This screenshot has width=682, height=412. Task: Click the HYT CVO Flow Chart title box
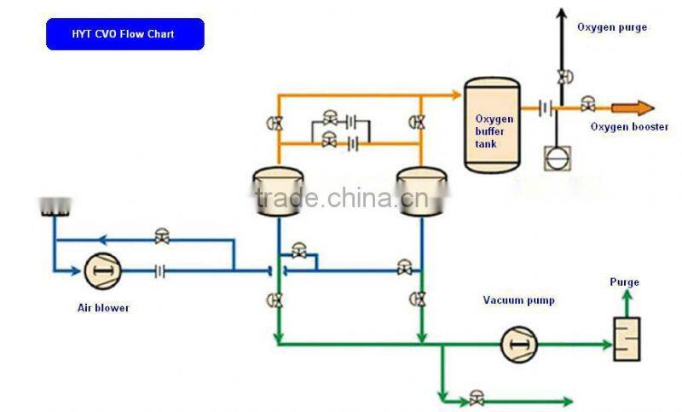click(x=124, y=34)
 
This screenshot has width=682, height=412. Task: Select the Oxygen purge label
click(x=611, y=27)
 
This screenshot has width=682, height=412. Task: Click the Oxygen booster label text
click(x=629, y=127)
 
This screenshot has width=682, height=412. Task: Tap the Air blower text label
click(x=103, y=307)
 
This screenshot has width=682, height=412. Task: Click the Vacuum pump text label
click(x=518, y=299)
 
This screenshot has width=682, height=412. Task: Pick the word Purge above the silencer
click(x=624, y=282)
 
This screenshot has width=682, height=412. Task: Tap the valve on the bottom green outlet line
click(x=476, y=399)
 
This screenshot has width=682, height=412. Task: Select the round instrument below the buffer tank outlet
click(x=556, y=158)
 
